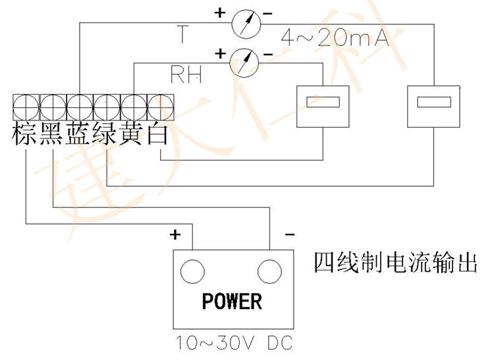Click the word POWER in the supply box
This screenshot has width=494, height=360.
(x=232, y=301)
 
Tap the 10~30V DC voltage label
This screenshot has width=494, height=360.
(x=234, y=343)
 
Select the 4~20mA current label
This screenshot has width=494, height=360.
(x=335, y=38)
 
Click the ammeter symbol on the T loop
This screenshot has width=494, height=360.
(x=246, y=24)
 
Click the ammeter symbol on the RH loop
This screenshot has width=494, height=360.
(x=244, y=63)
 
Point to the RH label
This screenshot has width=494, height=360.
(x=186, y=74)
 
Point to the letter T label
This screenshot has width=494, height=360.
(x=182, y=34)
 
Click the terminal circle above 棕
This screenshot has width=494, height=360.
(x=26, y=107)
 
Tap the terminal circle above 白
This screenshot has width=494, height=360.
(x=160, y=107)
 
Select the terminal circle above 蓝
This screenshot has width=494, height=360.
(x=80, y=107)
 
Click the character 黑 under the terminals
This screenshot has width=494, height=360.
(x=52, y=134)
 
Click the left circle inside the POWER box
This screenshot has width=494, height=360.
(x=192, y=272)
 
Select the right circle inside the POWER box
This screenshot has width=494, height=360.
(x=269, y=272)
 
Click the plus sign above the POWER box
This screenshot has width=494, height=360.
(x=175, y=235)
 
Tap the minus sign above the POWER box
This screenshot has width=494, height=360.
(x=290, y=234)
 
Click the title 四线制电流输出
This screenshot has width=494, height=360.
(x=396, y=263)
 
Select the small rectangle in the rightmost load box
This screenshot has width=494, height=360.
(x=434, y=102)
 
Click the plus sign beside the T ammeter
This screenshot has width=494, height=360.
(x=220, y=13)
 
